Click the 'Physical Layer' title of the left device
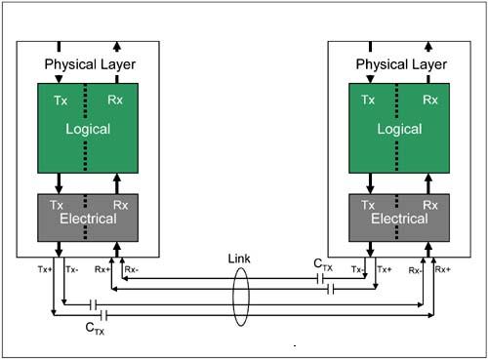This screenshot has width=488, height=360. [88, 64]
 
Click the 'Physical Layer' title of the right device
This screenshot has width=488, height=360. [399, 64]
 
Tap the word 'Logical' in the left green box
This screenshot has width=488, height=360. [88, 129]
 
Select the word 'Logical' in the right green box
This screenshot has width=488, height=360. [399, 129]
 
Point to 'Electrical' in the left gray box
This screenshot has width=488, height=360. [88, 219]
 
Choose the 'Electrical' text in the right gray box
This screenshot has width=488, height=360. [399, 219]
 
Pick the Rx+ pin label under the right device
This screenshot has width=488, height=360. [443, 269]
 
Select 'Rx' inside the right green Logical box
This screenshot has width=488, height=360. [430, 100]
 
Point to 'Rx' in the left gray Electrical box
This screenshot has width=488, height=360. [120, 205]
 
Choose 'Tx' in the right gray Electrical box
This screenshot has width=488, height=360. [368, 205]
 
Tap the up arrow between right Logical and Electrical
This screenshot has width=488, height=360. [428, 182]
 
